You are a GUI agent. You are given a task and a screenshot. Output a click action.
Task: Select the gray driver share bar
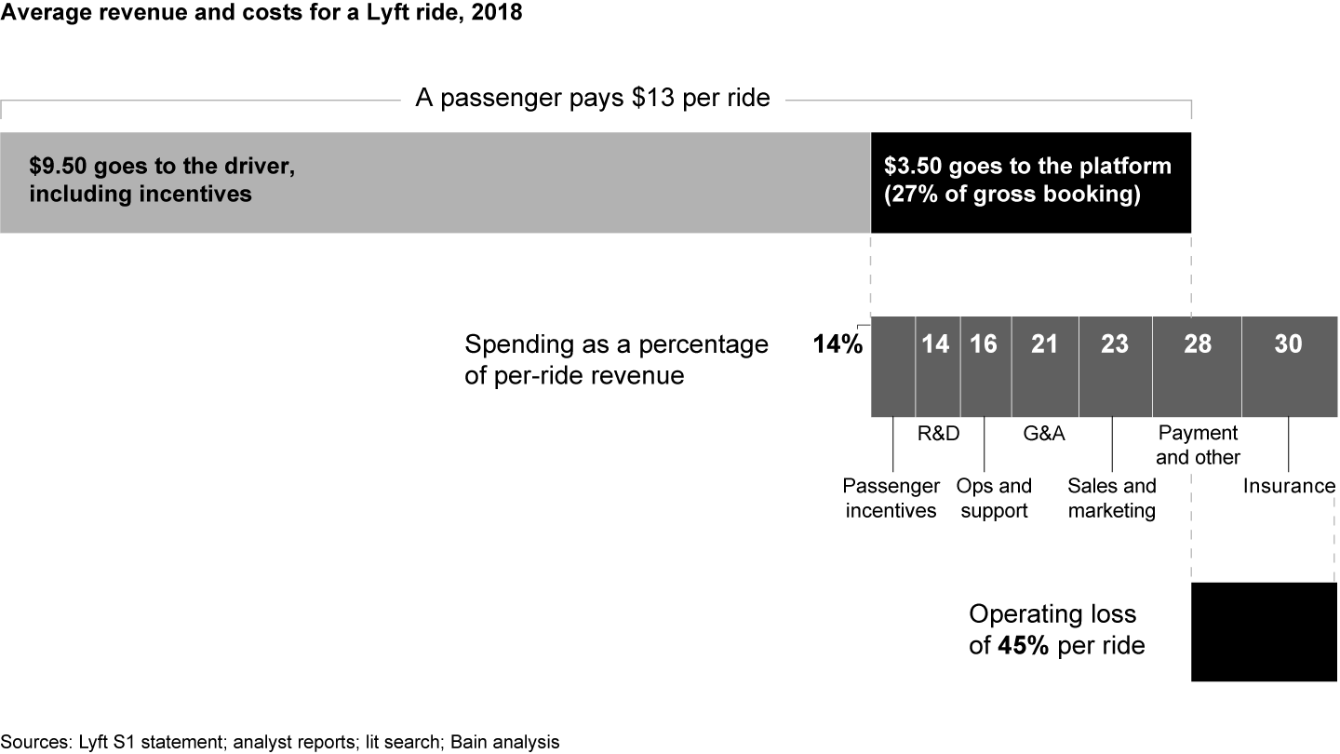tap(435, 182)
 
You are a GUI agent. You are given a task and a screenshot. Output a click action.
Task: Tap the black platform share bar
tap(1030, 182)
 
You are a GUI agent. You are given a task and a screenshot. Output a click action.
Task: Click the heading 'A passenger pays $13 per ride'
tap(593, 98)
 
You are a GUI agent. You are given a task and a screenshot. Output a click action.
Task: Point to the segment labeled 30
tap(1289, 366)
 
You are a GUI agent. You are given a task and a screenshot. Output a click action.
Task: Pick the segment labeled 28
tap(1197, 366)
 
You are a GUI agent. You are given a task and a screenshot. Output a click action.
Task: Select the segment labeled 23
tap(1115, 366)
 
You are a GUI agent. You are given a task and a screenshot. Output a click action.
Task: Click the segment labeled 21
tap(1045, 366)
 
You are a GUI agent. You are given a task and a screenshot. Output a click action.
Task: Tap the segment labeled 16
tap(985, 366)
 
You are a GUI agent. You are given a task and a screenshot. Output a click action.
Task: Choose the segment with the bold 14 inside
tap(937, 366)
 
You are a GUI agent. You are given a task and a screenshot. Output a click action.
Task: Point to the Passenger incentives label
tap(891, 498)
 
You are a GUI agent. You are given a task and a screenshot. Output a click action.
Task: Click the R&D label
tap(938, 433)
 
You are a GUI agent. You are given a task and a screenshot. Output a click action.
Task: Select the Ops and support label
tap(994, 498)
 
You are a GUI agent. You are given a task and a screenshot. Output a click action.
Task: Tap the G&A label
tap(1044, 433)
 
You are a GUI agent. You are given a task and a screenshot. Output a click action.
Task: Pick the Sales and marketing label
tap(1112, 498)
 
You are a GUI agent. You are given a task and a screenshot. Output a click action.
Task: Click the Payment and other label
tap(1198, 445)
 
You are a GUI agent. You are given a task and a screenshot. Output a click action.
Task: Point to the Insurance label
tap(1289, 486)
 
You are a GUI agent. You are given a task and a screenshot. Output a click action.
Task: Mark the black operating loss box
tap(1264, 632)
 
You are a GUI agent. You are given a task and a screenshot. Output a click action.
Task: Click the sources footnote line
tap(280, 742)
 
